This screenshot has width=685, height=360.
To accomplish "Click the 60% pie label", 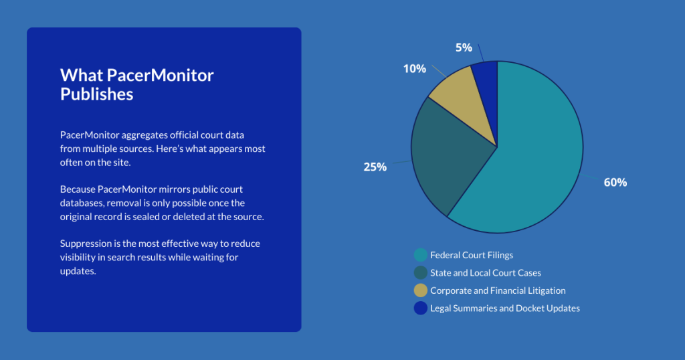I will point(615,182).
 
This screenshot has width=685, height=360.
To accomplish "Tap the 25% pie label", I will point(375,167).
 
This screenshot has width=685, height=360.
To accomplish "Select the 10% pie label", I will point(414,68).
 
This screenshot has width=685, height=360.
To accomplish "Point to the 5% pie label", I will point(464,48).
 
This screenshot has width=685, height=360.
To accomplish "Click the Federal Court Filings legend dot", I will point(421,255).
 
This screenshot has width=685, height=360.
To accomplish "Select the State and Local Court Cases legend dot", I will point(421,273).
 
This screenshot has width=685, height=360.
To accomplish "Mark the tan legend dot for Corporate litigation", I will point(421,290).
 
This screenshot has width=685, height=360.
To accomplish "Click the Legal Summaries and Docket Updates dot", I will point(421,308).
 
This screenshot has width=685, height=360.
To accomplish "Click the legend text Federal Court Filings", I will point(472,255).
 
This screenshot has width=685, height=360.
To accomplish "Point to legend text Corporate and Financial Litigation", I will point(498,290).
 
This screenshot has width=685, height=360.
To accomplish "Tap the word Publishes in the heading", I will point(96,94).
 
